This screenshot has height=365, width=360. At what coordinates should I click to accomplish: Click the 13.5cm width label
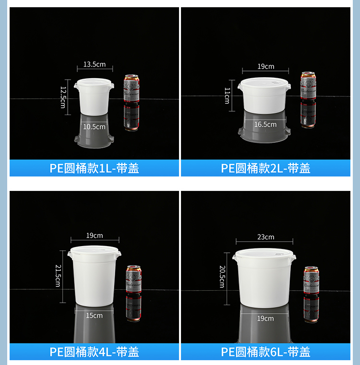point(95,64)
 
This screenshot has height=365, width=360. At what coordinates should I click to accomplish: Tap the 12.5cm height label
point(63,97)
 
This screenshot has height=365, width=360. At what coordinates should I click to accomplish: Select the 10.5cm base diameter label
point(94,127)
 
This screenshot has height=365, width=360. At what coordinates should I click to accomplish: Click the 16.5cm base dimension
point(265,124)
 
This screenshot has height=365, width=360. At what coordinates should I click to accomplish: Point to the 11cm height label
point(227,95)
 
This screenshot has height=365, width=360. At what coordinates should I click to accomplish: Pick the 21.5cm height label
point(58,276)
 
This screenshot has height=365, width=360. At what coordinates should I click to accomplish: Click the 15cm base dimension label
point(95,315)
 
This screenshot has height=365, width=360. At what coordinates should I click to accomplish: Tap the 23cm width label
point(265,237)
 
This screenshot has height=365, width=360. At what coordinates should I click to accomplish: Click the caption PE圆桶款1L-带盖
point(94,168)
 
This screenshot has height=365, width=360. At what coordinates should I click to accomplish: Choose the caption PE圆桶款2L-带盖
point(265,168)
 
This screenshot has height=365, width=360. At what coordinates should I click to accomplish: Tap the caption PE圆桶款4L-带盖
point(94,352)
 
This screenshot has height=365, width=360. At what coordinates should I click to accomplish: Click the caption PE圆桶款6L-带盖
point(265,352)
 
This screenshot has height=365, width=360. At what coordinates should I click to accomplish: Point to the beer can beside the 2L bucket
point(308,86)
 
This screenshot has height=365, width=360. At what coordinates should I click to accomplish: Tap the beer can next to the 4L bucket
point(133,279)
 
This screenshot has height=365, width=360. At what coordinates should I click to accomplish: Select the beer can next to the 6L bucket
point(311,280)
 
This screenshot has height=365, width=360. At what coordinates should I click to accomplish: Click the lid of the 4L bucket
point(94,251)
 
